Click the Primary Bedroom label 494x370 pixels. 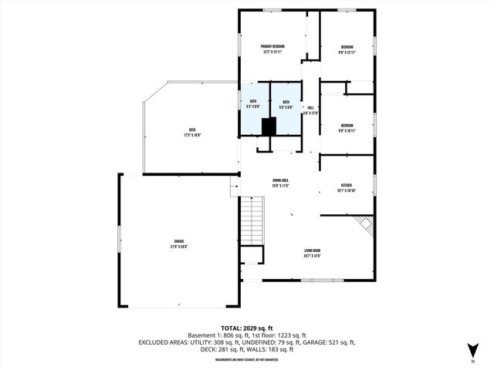point(272,49)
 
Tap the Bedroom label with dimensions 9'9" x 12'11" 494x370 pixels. point(347,49)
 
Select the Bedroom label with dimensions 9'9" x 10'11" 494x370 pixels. point(347,127)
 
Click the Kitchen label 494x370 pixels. point(347,187)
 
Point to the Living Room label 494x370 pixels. point(312,253)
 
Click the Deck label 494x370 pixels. point(191,132)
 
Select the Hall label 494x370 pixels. point(310,109)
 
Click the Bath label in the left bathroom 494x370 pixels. point(252,105)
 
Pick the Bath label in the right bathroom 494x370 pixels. point(286,105)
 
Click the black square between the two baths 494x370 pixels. point(269,126)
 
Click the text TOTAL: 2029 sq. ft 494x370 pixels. point(247,328)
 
